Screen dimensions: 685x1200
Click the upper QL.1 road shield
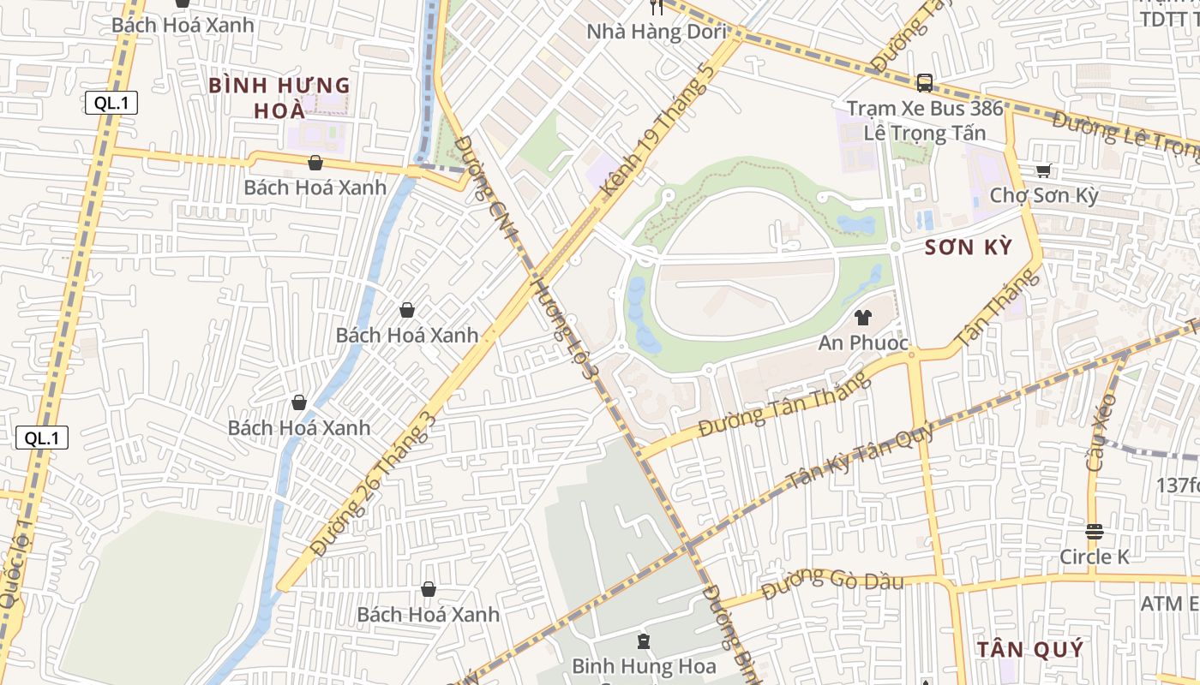click(x=111, y=104)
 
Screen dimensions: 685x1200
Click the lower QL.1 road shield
click(x=42, y=438)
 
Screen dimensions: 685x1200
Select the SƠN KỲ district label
click(x=969, y=248)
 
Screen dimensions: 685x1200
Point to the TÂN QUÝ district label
click(x=1030, y=649)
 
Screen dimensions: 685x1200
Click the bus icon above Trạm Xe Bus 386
click(x=924, y=82)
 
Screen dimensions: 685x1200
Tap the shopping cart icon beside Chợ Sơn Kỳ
click(x=1043, y=170)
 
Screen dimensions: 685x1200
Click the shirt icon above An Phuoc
click(x=862, y=318)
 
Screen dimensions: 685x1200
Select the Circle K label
click(x=1095, y=557)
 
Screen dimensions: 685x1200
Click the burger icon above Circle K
click(x=1094, y=532)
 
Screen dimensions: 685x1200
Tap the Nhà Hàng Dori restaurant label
click(x=657, y=33)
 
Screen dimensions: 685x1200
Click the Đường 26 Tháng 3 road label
click(x=373, y=484)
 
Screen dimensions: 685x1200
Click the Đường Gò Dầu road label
click(x=831, y=584)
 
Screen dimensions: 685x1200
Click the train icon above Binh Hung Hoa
click(x=643, y=641)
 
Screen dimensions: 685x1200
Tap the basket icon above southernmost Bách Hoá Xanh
click(x=428, y=589)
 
